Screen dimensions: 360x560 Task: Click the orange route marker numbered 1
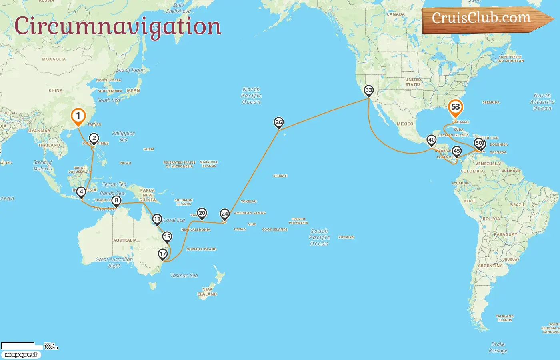click(78, 116)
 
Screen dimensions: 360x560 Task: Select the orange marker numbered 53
click(455, 107)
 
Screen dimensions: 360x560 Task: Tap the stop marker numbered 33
click(368, 90)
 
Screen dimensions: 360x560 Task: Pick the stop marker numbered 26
click(279, 122)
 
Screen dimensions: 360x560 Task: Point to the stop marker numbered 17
click(162, 254)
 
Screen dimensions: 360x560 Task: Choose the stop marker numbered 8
click(116, 201)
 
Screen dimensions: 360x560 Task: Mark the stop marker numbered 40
click(431, 140)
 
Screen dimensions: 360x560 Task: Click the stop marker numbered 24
click(225, 214)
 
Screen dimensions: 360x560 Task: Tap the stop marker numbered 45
click(456, 152)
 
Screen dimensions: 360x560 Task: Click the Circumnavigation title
click(117, 26)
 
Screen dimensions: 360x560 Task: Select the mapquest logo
click(21, 355)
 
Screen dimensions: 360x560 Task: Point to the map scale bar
click(22, 345)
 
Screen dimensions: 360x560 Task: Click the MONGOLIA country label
click(54, 59)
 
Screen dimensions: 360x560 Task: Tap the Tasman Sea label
click(184, 276)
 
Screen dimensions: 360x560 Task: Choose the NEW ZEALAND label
click(207, 292)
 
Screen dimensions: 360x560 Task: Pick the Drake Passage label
click(498, 347)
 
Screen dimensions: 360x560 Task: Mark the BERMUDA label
click(491, 102)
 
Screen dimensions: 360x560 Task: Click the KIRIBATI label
click(280, 176)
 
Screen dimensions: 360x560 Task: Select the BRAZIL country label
click(517, 205)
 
